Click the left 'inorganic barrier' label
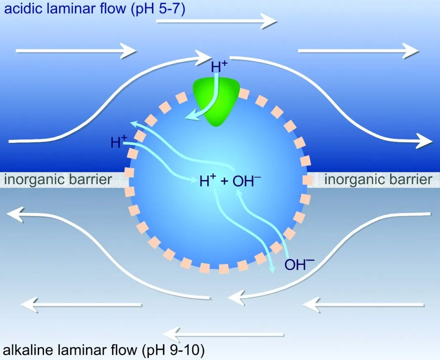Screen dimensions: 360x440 [57, 179]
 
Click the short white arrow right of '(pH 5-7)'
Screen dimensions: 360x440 [216, 20]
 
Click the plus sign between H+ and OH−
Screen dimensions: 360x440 [224, 182]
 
